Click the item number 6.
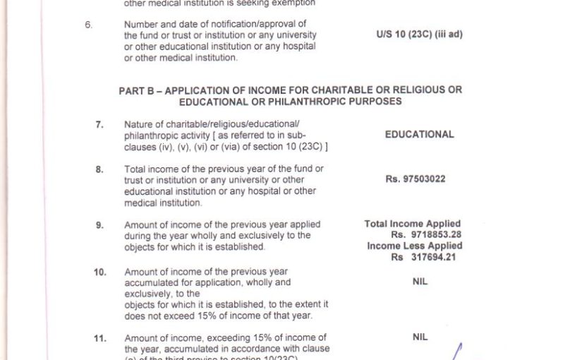(89, 24)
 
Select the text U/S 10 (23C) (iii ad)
(420, 35)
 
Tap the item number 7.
(100, 125)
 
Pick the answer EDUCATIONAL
(419, 134)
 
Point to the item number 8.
(100, 169)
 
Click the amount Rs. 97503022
(415, 179)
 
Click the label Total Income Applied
(413, 224)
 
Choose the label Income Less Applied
(415, 246)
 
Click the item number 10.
(100, 272)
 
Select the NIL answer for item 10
(420, 281)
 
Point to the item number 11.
(100, 338)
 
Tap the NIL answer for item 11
(420, 337)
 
